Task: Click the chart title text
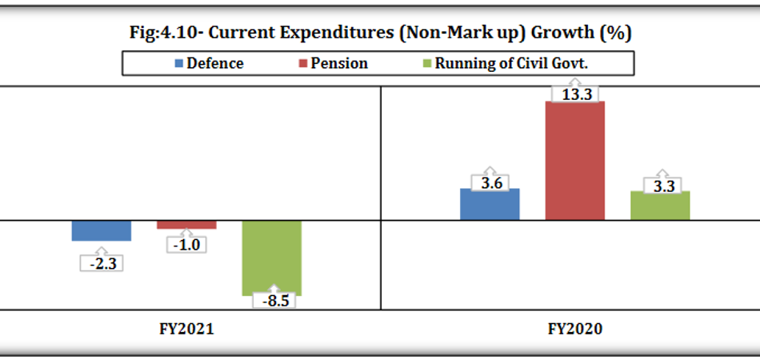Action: pyautogui.click(x=380, y=34)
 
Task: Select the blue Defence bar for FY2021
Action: pyautogui.click(x=102, y=230)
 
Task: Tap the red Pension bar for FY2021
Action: pyautogui.click(x=186, y=225)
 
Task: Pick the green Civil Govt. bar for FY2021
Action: pyautogui.click(x=271, y=256)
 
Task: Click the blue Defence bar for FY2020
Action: pyautogui.click(x=490, y=204)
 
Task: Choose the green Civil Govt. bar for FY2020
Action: pyautogui.click(x=660, y=206)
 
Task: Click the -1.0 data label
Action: pyautogui.click(x=186, y=245)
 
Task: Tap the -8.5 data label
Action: pyautogui.click(x=273, y=302)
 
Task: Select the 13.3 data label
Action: pyautogui.click(x=575, y=94)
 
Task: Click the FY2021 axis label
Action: pyautogui.click(x=186, y=329)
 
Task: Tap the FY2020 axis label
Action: pyautogui.click(x=574, y=329)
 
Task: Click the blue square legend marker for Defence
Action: pyautogui.click(x=178, y=63)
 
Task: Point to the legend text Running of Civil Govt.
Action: pyautogui.click(x=511, y=63)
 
